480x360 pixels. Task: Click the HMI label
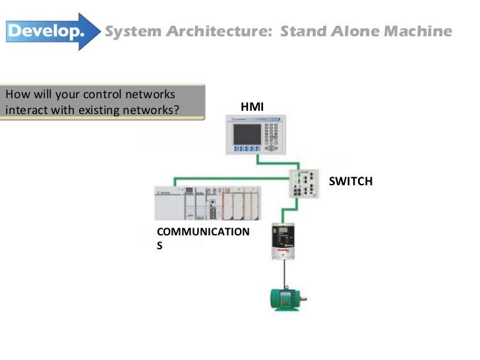point(252,105)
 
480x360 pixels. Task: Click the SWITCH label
point(350,181)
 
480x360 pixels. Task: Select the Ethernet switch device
point(307,183)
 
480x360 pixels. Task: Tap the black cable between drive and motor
point(284,273)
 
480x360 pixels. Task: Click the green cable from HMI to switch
point(277,161)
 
